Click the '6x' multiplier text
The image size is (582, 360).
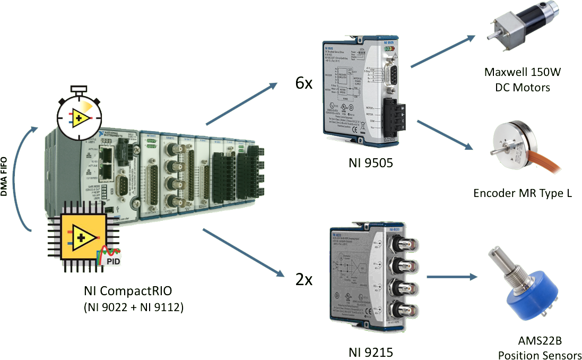(x=304, y=83)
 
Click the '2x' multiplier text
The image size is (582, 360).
(x=304, y=279)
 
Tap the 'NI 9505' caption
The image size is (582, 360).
(x=371, y=163)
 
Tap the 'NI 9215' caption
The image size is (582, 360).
(x=371, y=352)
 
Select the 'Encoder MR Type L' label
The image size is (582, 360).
(x=522, y=193)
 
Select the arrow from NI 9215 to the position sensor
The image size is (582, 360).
(x=451, y=277)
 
